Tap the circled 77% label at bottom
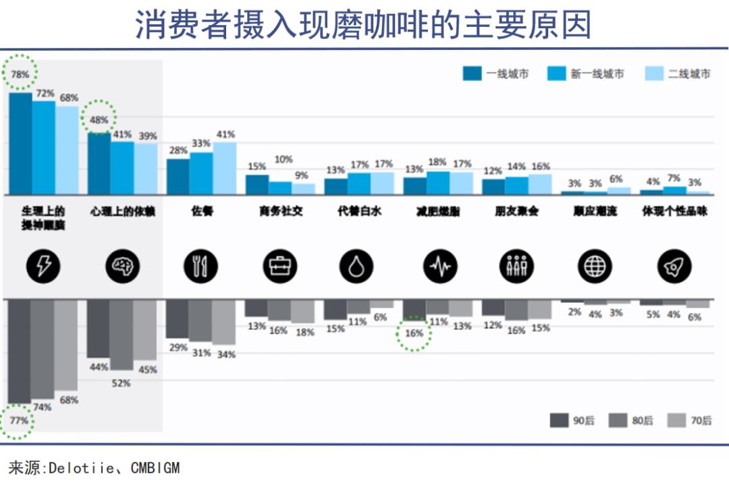coord(19,420)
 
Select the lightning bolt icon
coord(43,267)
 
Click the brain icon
coord(122,267)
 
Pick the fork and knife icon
coord(201,267)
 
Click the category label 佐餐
coord(201,211)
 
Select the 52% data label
coord(122,383)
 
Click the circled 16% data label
coord(414,333)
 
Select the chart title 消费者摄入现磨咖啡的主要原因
coord(364,25)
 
